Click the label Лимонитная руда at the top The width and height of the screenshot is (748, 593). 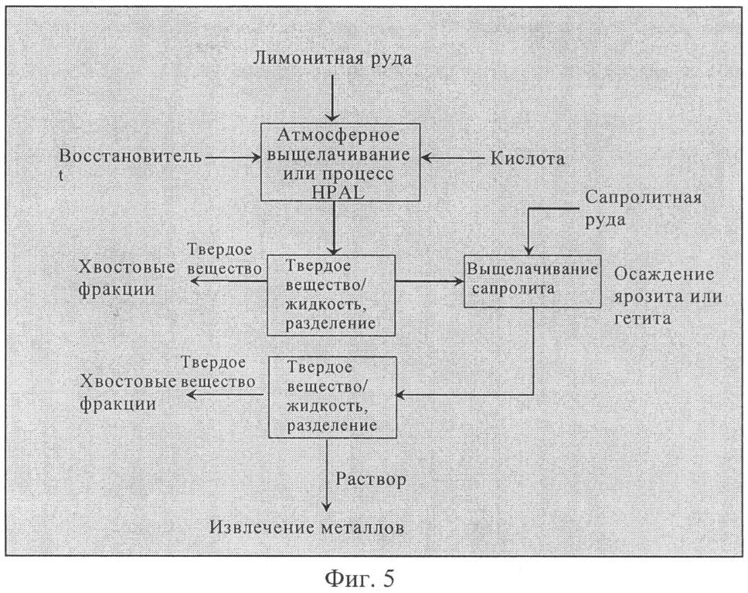point(332,59)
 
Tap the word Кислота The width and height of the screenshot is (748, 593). point(528,158)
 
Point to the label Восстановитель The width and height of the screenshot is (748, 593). point(131,156)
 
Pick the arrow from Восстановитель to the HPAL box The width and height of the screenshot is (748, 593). point(233,157)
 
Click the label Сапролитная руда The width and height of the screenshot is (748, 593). point(643,208)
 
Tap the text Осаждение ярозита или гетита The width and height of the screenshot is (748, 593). point(668,296)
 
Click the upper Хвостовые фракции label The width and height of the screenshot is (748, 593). point(127,278)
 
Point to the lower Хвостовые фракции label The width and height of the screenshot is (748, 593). point(127,392)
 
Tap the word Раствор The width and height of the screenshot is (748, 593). point(371,479)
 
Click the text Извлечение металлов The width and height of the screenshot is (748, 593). point(308,527)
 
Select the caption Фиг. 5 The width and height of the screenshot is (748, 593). point(359,578)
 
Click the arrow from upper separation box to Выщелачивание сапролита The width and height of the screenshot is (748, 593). point(430,281)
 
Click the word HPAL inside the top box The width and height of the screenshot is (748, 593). point(338,192)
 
